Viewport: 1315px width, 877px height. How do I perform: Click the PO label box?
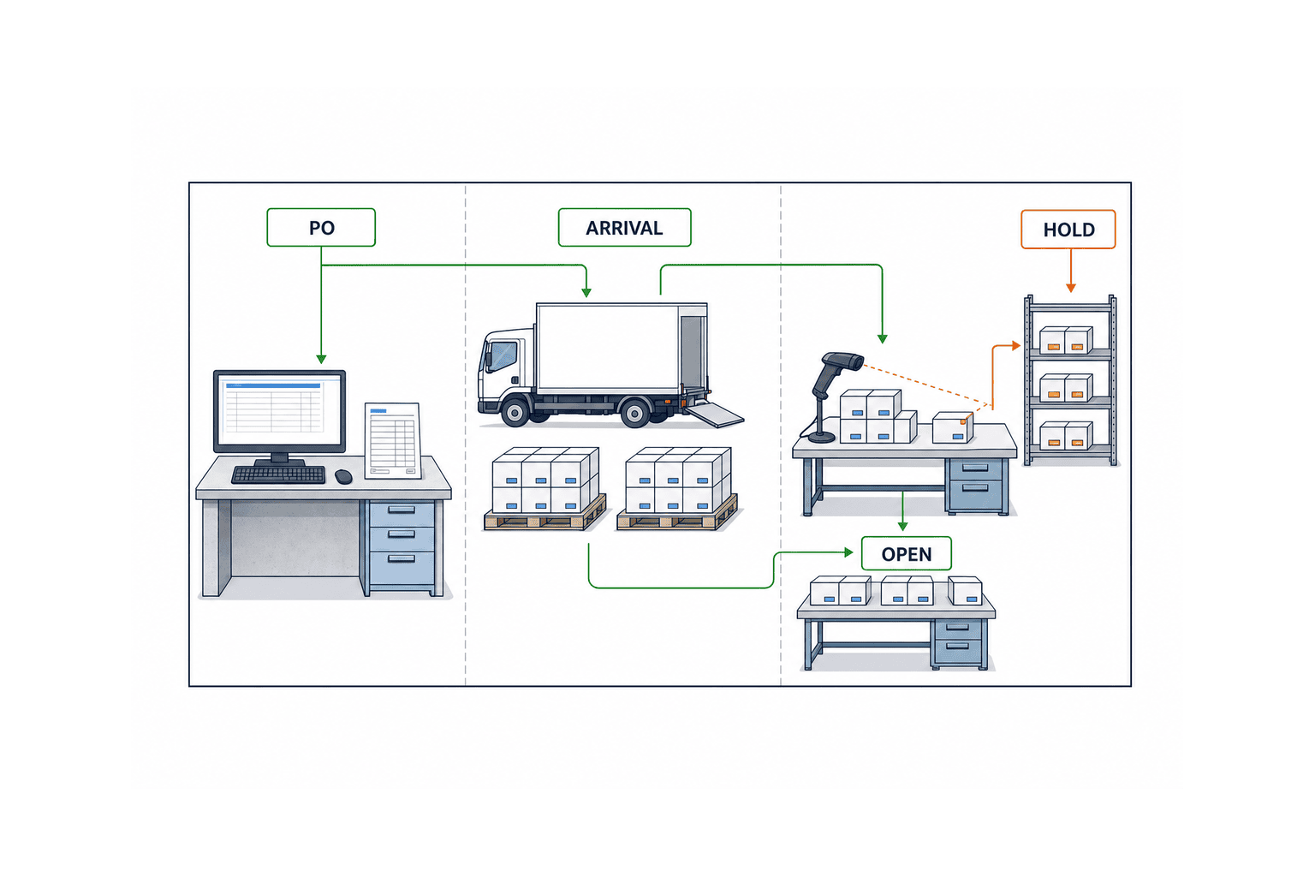coord(321,227)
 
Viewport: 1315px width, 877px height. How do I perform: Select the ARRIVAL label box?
coord(625,227)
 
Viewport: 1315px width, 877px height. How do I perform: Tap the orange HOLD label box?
coord(1068,229)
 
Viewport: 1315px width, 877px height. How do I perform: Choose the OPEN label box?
coord(907,553)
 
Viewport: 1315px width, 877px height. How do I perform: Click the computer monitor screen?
coord(279,411)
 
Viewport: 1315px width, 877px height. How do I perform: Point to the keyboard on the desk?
coord(278,474)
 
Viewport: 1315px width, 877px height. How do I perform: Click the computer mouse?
coord(343,476)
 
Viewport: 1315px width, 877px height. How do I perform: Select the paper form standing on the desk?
coord(393,440)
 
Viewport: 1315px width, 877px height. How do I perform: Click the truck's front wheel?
coord(515,412)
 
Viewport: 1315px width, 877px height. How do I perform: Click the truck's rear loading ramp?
coord(715,414)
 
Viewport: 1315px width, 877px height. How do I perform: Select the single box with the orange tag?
coord(953,427)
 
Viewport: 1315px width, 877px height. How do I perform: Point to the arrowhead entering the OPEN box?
coord(848,552)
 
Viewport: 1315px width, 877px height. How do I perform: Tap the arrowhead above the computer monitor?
coord(321,359)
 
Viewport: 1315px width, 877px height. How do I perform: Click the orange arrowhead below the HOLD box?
coord(1071,287)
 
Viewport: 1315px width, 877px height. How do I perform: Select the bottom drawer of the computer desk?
coord(402,567)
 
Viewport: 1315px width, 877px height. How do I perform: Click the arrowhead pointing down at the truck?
coord(586,292)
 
